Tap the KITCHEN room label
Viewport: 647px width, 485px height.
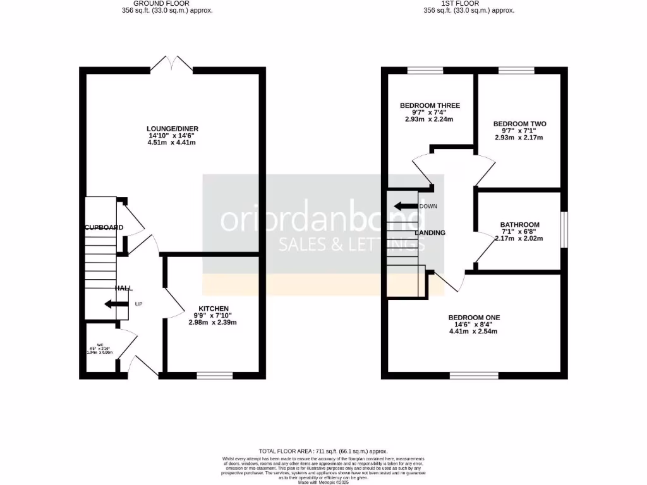pos(212,308)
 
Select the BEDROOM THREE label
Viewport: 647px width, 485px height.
pos(430,105)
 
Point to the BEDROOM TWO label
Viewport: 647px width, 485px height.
pos(519,124)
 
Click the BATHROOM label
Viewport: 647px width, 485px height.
pos(519,224)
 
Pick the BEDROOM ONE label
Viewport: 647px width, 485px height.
pos(473,317)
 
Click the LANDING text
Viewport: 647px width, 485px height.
pos(430,233)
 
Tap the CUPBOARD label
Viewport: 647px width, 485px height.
pos(104,227)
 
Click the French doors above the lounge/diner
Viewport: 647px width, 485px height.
pos(171,64)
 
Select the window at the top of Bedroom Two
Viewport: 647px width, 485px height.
pos(516,70)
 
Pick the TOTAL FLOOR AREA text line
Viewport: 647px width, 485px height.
pos(323,452)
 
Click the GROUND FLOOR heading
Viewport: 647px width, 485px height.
pos(149,3)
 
